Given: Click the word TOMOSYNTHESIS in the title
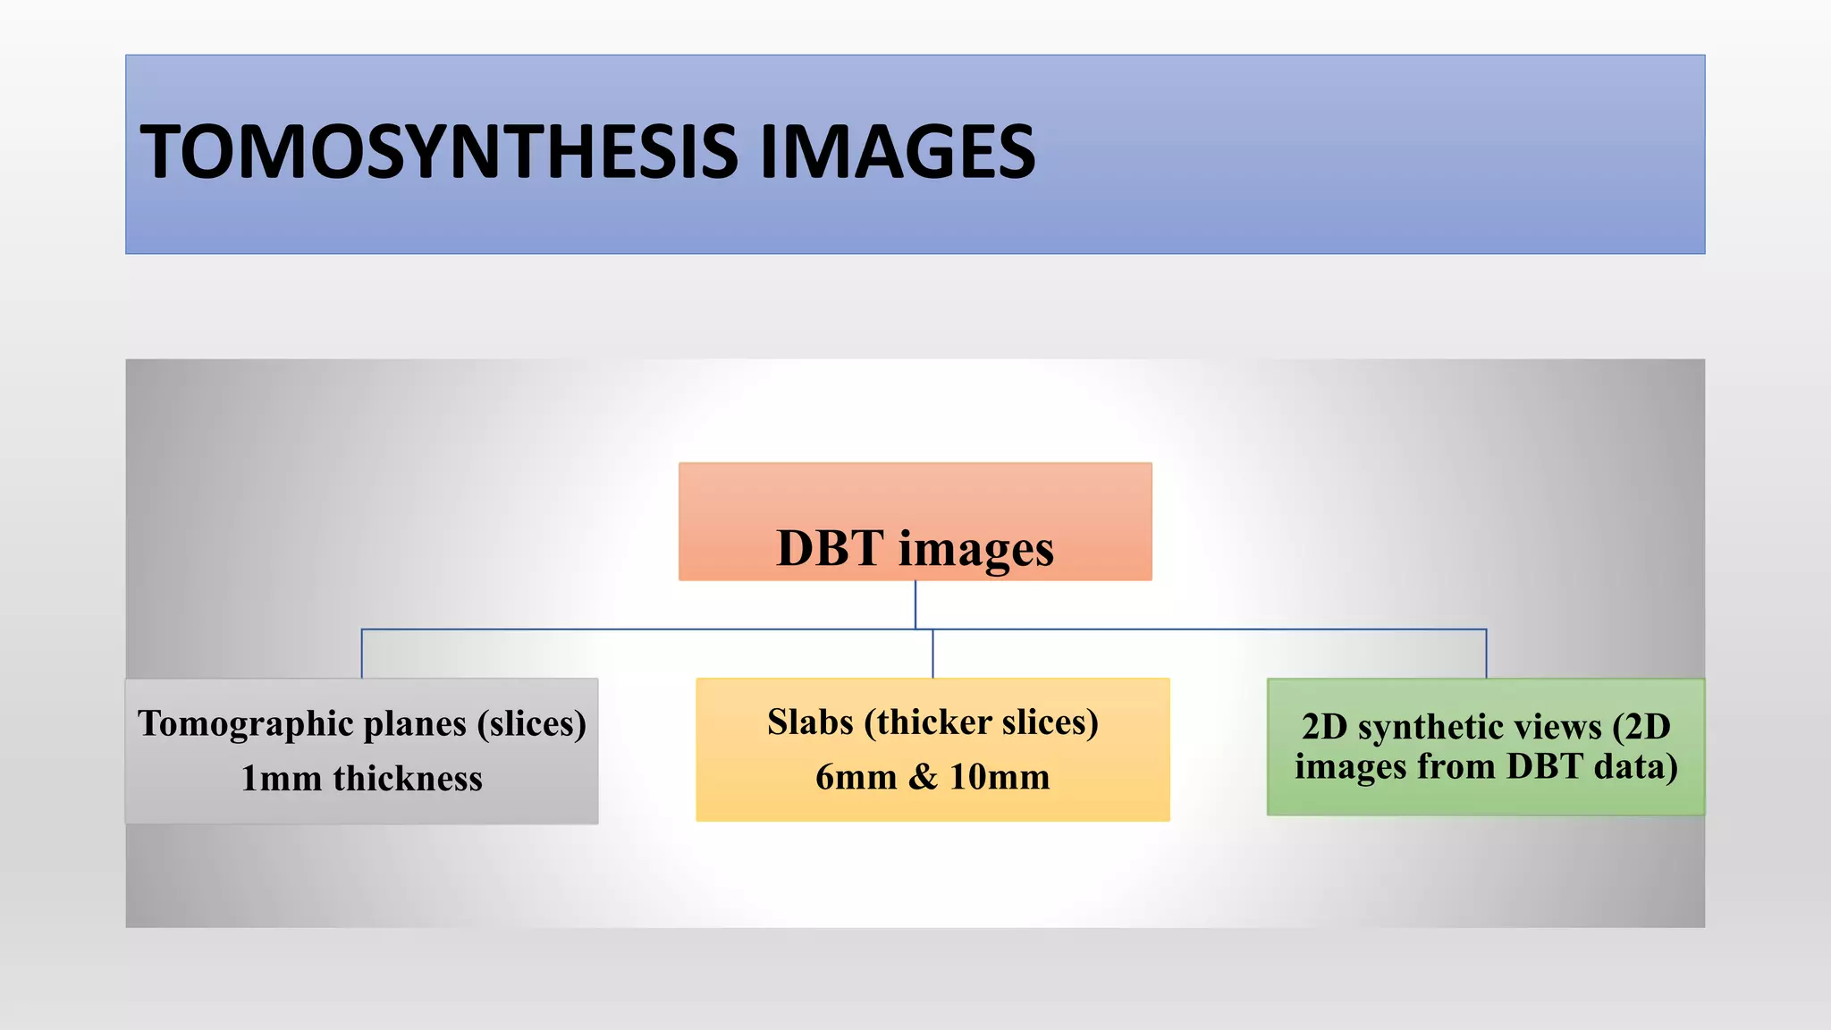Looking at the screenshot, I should coord(439,152).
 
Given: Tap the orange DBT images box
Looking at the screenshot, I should coord(915,501).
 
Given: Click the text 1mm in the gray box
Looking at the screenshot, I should coord(281,779).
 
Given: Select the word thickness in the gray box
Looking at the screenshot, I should coord(408,779).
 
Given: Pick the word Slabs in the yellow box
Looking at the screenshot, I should coord(810,722).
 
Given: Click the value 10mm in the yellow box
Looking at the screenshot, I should coord(1000,777).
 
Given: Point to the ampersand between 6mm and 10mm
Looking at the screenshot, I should coord(923,777).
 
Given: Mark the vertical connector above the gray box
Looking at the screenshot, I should coord(362,654).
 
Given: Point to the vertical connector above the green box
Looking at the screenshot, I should coord(1486,654).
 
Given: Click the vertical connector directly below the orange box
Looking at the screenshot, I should coord(915,604).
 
